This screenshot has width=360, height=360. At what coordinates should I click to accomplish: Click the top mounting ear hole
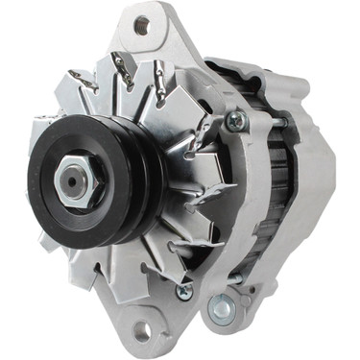pos(142,25)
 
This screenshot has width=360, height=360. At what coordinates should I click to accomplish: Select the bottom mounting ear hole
pos(142,332)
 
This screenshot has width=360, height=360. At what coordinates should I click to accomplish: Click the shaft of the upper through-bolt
pos(264,122)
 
